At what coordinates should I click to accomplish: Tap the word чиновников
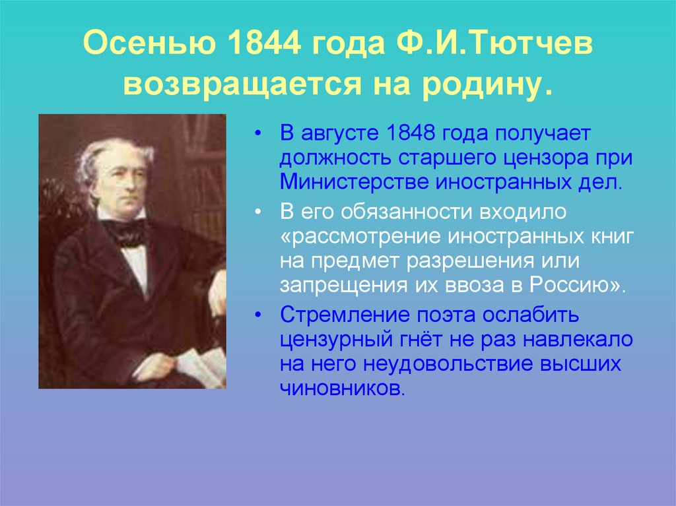[341, 388]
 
